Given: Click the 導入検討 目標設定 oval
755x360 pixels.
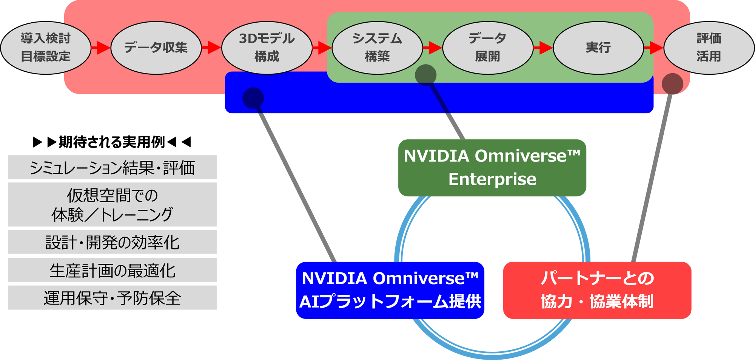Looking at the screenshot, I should click(x=46, y=48).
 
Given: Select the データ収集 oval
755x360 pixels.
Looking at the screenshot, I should click(x=156, y=48).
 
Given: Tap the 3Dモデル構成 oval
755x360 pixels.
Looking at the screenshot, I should click(x=267, y=48).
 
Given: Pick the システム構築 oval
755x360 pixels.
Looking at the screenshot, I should click(x=377, y=48).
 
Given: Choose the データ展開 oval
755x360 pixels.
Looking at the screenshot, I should click(x=487, y=48).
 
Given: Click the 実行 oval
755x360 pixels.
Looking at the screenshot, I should click(x=598, y=48).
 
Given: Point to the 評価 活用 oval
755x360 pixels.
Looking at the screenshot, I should click(x=709, y=48).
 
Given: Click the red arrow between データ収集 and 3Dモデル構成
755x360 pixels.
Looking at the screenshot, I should click(x=211, y=48).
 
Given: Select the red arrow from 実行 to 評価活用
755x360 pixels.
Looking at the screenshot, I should click(x=653, y=48).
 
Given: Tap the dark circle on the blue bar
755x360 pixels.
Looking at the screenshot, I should click(x=253, y=98).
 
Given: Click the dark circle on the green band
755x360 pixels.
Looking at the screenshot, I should click(x=425, y=75).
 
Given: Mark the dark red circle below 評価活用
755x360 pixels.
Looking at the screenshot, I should click(x=672, y=84).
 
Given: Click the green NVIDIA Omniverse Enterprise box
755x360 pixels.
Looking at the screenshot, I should click(x=492, y=168).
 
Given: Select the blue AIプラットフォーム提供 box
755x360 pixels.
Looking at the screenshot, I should click(x=390, y=290).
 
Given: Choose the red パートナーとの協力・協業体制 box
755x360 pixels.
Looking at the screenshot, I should click(x=597, y=290).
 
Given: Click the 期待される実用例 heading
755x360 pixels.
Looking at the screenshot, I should click(x=112, y=142).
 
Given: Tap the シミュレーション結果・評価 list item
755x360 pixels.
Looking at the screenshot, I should click(x=112, y=167).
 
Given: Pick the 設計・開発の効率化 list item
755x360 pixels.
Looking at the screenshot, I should click(x=112, y=242).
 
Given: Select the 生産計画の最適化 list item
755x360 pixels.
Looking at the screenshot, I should click(x=112, y=270).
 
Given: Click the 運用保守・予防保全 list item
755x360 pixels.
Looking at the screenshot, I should click(x=112, y=298).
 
